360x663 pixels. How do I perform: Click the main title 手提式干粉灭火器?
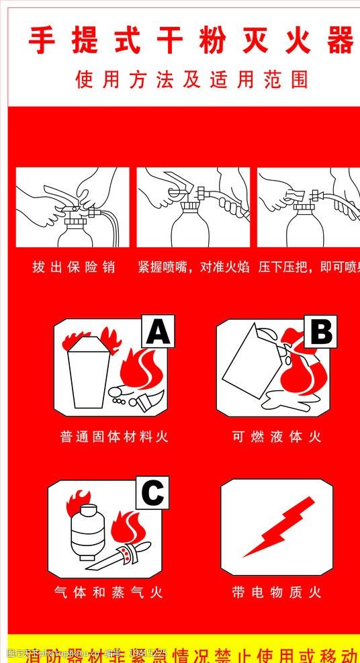pyautogui.click(x=191, y=41)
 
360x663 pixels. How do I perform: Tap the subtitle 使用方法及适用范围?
pyautogui.click(x=192, y=81)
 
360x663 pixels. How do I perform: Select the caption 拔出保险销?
pyautogui.click(x=74, y=267)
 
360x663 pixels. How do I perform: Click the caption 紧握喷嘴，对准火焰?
pyautogui.click(x=193, y=267)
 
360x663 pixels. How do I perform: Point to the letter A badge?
pyautogui.click(x=157, y=331)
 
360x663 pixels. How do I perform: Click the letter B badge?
pyautogui.click(x=320, y=331)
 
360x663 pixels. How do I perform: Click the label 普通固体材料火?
pyautogui.click(x=114, y=437)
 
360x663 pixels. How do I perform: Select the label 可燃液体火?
pyautogui.click(x=277, y=437)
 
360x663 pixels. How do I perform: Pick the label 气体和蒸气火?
pyautogui.click(x=109, y=592)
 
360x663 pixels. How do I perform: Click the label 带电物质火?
pyautogui.click(x=277, y=592)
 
